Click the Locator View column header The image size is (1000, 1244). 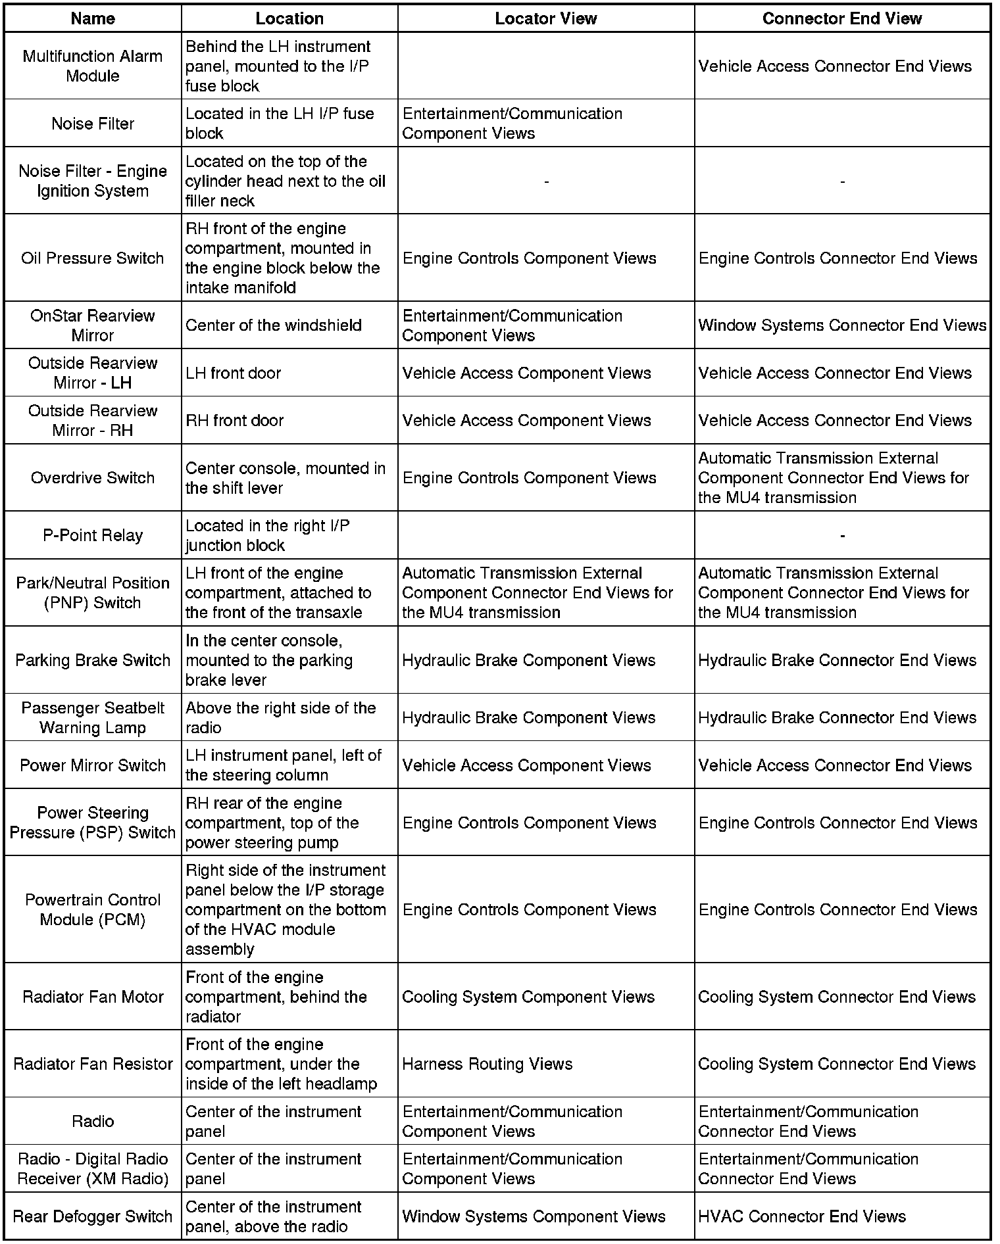pyautogui.click(x=545, y=18)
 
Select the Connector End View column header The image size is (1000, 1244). pyautogui.click(x=841, y=18)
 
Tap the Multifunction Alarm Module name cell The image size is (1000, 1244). pyautogui.click(x=93, y=66)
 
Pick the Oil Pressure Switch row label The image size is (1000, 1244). pyautogui.click(x=93, y=258)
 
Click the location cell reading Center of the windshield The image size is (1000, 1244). pyautogui.click(x=274, y=325)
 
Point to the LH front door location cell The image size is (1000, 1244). pyautogui.click(x=234, y=373)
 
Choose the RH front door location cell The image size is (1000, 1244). pyautogui.click(x=235, y=420)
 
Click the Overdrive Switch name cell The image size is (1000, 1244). pyautogui.click(x=93, y=477)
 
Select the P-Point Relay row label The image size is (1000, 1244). pyautogui.click(x=93, y=535)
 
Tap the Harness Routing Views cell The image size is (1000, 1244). pyautogui.click(x=488, y=1064)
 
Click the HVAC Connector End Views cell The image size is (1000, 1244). pyautogui.click(x=802, y=1216)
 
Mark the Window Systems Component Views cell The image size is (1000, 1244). pyautogui.click(x=534, y=1216)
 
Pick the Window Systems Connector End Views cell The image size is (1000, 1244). pyautogui.click(x=842, y=325)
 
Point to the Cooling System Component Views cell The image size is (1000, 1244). pyautogui.click(x=528, y=997)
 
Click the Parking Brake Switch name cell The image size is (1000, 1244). pyautogui.click(x=93, y=660)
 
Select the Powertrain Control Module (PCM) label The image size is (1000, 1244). pyautogui.click(x=93, y=909)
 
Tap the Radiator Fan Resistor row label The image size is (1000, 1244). pyautogui.click(x=93, y=1064)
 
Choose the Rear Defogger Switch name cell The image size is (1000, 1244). pyautogui.click(x=93, y=1216)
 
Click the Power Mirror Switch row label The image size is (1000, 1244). pyautogui.click(x=93, y=765)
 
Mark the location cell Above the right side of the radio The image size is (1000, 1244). pyautogui.click(x=281, y=717)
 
